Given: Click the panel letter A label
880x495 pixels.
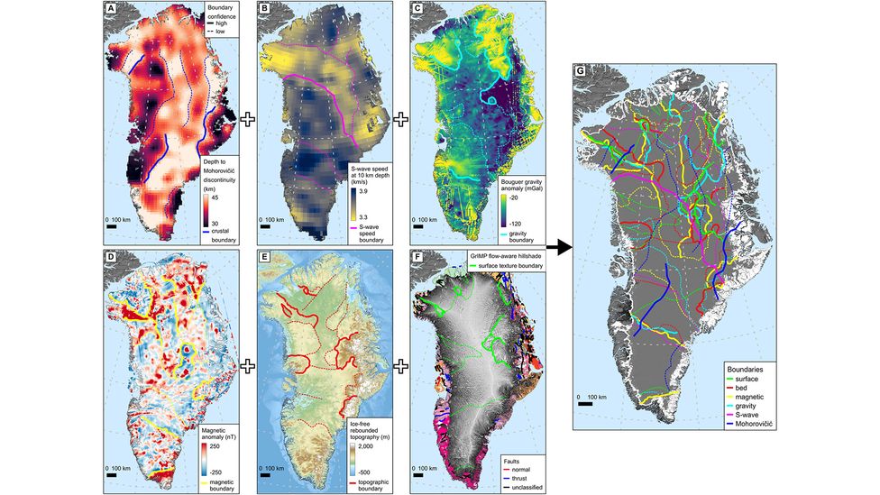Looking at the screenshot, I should [x=111, y=11].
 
